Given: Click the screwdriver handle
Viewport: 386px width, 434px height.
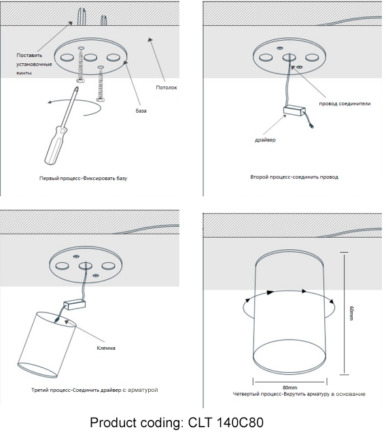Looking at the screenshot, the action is (x=56, y=145).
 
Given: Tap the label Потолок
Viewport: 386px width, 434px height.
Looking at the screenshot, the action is (x=166, y=88).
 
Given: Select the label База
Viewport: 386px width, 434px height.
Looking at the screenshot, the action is (x=141, y=111).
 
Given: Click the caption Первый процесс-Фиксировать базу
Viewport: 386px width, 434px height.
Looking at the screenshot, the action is (x=83, y=178).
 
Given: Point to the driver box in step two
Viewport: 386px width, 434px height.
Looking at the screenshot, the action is (x=294, y=111).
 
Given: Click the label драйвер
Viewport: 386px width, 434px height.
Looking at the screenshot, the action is (x=265, y=140).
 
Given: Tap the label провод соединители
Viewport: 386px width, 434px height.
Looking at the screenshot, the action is (x=345, y=103).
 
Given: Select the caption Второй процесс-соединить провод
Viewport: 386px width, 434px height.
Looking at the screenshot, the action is (x=294, y=177).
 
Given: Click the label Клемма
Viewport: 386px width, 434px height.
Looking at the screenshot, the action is (x=106, y=348).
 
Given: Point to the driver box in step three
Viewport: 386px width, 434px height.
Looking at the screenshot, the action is (x=75, y=305).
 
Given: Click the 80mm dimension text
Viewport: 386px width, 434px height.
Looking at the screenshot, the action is (x=289, y=388).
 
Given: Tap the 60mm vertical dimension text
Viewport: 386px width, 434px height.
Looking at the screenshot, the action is (x=351, y=313).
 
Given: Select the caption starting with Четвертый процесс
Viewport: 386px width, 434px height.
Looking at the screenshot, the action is (x=299, y=394).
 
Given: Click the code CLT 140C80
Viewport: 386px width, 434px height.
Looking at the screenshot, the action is (x=226, y=422).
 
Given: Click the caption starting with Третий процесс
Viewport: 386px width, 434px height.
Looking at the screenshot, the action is (x=94, y=390).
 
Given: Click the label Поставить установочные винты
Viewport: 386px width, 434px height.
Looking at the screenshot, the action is (x=34, y=64).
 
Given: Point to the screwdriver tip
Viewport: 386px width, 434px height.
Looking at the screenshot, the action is (x=76, y=88).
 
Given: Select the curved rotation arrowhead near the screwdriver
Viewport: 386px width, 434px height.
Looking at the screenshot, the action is (x=50, y=102).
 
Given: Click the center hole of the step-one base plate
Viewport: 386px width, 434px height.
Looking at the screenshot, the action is (x=90, y=58).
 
